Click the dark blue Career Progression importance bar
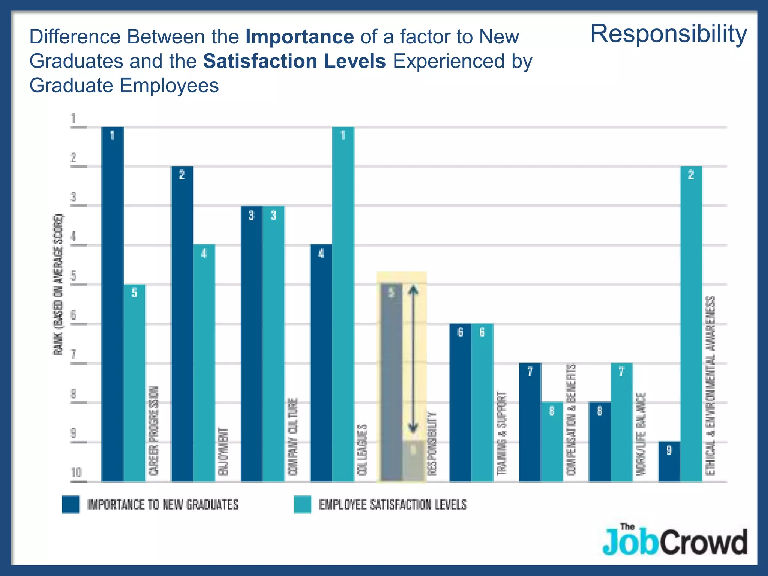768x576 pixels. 112,304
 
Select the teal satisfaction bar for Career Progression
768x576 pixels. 134,382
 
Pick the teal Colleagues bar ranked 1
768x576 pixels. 343,304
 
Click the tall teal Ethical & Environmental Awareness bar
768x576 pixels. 691,324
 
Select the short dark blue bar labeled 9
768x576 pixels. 669,461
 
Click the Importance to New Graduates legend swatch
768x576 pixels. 71,504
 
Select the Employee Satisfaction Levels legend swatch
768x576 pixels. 303,504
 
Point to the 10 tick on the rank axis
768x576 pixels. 76,472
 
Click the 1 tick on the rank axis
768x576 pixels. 74,119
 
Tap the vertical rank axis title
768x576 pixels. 58,285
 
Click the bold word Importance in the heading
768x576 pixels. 300,37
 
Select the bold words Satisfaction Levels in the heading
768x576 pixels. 294,61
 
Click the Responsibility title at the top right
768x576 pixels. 668,34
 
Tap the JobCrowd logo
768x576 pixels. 674,540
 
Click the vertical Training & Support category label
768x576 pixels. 501,433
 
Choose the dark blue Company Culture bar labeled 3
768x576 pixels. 251,343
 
